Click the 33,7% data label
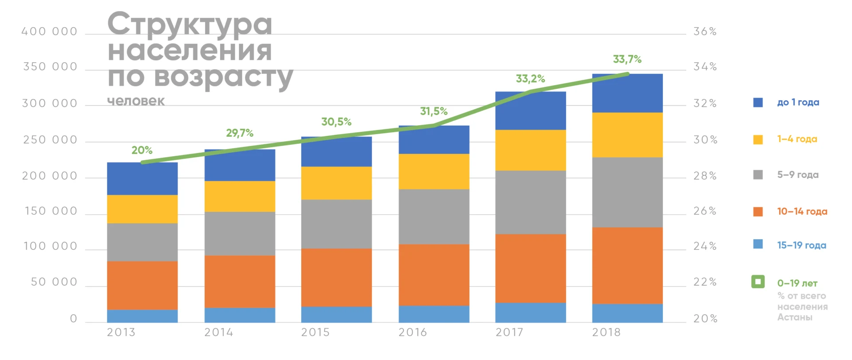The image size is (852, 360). pos(627,59)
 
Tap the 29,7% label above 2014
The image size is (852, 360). pos(240,133)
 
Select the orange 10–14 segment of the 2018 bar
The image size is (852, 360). pos(627,265)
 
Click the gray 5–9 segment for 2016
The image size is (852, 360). pos(434,217)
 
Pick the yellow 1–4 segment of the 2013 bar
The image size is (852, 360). pos(142,209)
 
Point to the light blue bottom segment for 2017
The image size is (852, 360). pos(530,313)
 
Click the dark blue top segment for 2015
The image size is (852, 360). pos(336,152)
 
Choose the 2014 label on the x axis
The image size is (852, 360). pos(218,332)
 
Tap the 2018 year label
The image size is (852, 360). pos(606,332)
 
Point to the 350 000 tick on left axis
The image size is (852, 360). pos(50,67)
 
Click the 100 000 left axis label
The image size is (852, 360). pos(50,246)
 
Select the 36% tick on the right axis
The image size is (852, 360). pos(705,32)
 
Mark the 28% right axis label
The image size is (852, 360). pos(705,176)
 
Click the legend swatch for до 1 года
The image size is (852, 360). pos(758,103)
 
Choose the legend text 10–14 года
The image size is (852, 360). pos(802,211)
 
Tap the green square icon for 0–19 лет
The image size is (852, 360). pos(758,281)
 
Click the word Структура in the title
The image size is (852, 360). pos(189,24)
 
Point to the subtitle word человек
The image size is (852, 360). pos(136,101)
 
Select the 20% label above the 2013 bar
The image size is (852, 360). pos(142,150)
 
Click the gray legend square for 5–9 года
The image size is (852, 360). pos(758,174)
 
